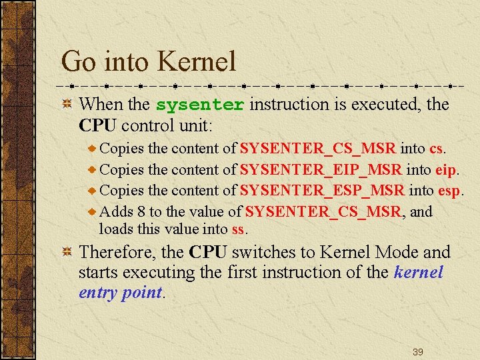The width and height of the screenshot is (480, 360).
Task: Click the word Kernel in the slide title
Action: (197, 62)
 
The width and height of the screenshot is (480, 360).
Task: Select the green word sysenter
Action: (200, 105)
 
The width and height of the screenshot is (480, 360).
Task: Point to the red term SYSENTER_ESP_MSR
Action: (322, 191)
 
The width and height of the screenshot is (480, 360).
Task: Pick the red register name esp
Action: (449, 191)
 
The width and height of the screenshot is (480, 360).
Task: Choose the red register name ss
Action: (239, 230)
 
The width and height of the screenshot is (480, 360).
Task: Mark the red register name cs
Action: (436, 149)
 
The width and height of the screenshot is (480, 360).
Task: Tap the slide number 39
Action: (417, 351)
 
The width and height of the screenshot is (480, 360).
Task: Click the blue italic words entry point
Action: (120, 293)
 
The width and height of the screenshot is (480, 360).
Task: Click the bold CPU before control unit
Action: (97, 125)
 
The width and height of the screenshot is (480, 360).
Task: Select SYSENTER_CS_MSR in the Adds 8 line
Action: (323, 212)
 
